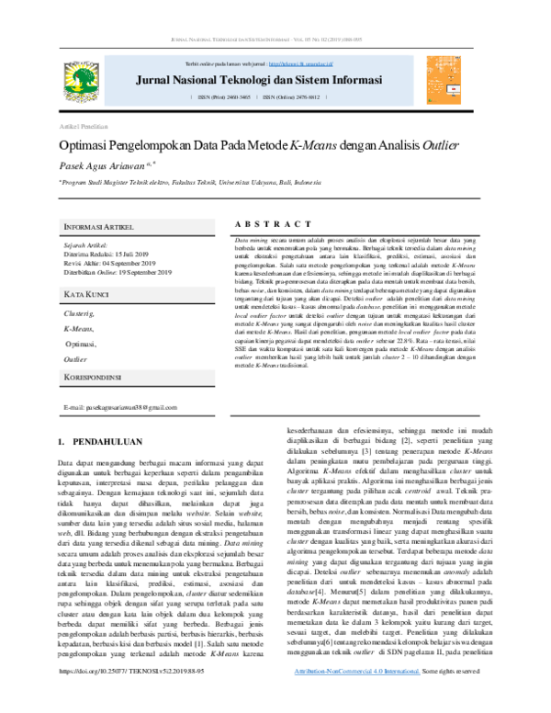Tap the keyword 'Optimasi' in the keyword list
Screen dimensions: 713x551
pos(82,343)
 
